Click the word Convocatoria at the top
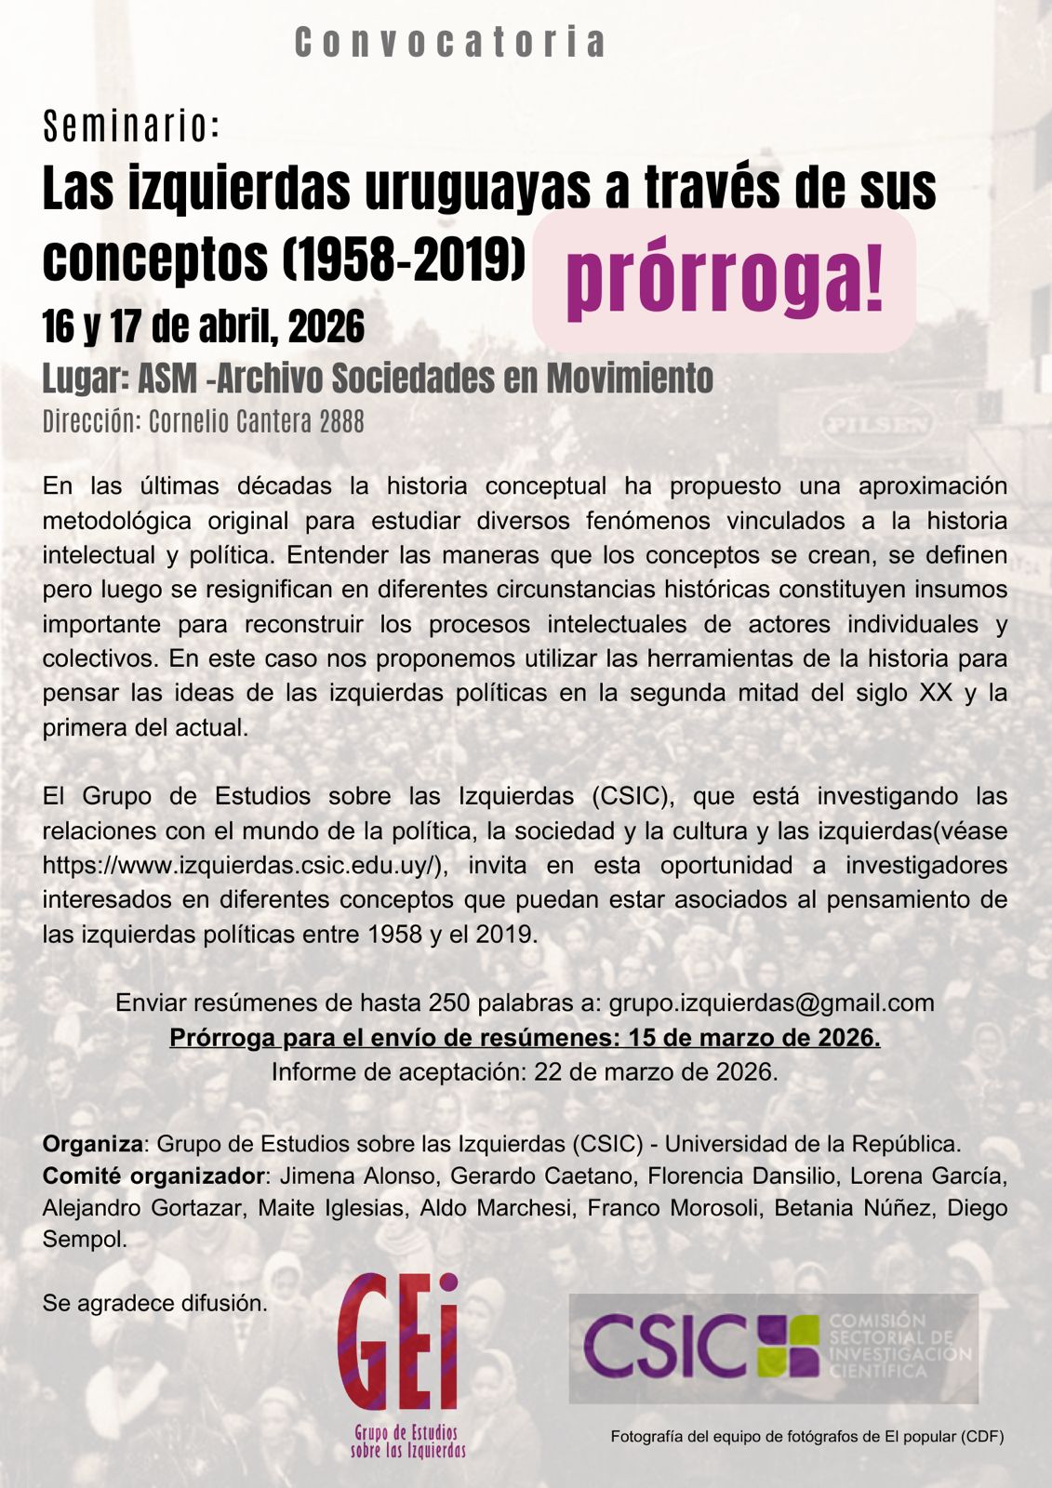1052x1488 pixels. coord(450,43)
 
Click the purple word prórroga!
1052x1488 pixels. coord(725,280)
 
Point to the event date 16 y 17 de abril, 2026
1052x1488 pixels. coord(203,326)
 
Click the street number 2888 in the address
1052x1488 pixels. coord(341,421)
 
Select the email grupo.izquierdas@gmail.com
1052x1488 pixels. coord(771,1003)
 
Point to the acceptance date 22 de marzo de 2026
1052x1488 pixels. coord(655,1071)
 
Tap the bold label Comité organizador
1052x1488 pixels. coord(153,1176)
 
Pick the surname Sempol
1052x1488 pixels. coord(84,1240)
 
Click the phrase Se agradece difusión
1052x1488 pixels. coord(154,1303)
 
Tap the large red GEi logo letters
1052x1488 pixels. coord(398,1341)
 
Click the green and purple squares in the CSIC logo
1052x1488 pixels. coord(789,1346)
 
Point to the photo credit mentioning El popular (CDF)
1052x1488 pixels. coord(806,1437)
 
